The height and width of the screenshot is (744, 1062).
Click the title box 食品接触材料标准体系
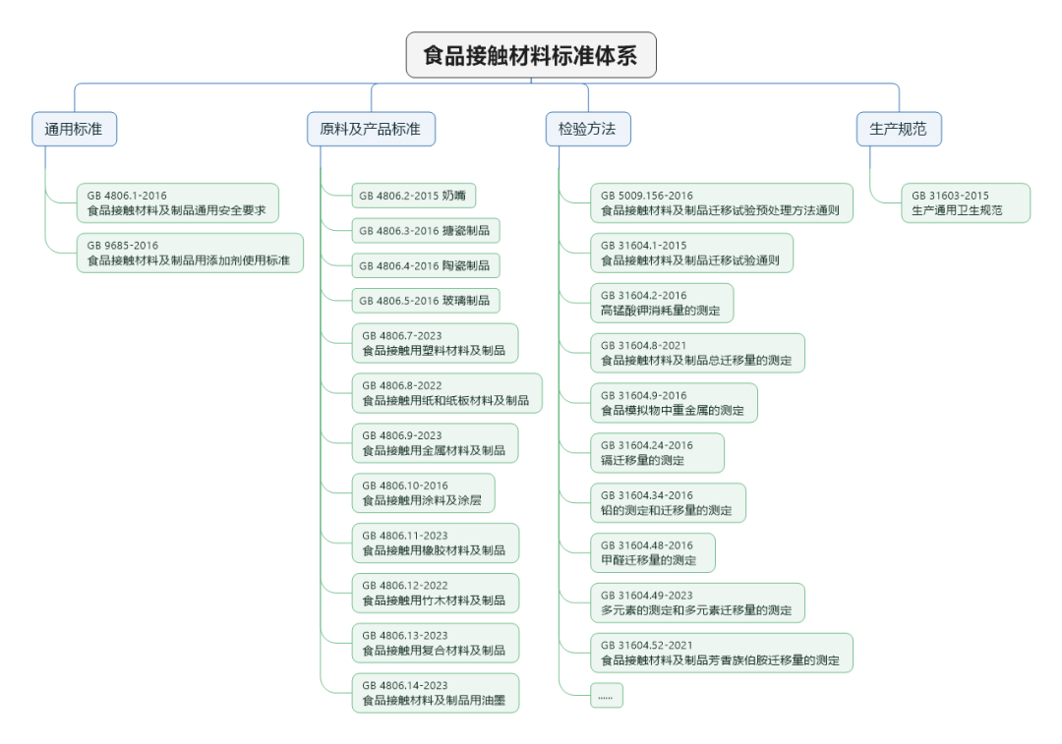pyautogui.click(x=531, y=55)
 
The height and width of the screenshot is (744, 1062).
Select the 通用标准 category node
pyautogui.click(x=75, y=129)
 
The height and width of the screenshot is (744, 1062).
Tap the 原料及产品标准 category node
pyautogui.click(x=371, y=129)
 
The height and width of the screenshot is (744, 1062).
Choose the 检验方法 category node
pyautogui.click(x=588, y=129)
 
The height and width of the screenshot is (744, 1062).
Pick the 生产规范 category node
pyautogui.click(x=899, y=129)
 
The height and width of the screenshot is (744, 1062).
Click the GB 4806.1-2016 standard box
pyautogui.click(x=177, y=203)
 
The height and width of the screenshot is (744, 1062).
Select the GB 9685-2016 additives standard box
pyautogui.click(x=190, y=254)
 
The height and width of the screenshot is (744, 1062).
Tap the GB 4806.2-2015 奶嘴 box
pyautogui.click(x=414, y=196)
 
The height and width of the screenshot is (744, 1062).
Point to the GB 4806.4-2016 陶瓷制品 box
pyautogui.click(x=426, y=265)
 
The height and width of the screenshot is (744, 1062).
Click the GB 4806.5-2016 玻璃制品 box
pyautogui.click(x=426, y=301)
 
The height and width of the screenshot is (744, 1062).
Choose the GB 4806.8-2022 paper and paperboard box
pyautogui.click(x=447, y=393)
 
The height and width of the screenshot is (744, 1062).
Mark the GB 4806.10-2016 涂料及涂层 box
pyautogui.click(x=423, y=492)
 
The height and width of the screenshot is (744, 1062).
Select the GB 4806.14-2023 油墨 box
pyautogui.click(x=436, y=693)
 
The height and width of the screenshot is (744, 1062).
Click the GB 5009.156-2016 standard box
pyautogui.click(x=722, y=203)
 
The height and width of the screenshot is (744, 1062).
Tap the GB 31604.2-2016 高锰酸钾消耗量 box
pyautogui.click(x=662, y=304)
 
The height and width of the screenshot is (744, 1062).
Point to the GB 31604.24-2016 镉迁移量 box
pyautogui.click(x=657, y=453)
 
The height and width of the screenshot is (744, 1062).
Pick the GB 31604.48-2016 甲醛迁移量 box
pyautogui.click(x=653, y=553)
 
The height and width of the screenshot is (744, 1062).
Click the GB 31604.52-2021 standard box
pyautogui.click(x=722, y=654)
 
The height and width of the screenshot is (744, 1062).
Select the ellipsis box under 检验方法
pyautogui.click(x=606, y=696)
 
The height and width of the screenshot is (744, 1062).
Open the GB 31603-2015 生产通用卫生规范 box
pyautogui.click(x=966, y=203)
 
